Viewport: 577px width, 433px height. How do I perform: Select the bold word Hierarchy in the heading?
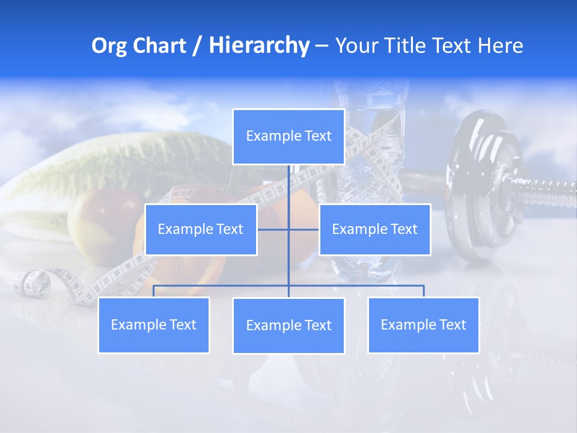[x=259, y=46]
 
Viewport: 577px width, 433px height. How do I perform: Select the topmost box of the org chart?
[x=288, y=137]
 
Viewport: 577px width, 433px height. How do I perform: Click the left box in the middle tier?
[x=201, y=230]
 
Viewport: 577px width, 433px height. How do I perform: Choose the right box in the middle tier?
[x=374, y=230]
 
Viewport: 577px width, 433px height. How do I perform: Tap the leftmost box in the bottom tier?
[x=153, y=325]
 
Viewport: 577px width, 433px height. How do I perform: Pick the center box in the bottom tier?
[x=288, y=326]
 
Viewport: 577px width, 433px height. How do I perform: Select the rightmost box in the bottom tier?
[x=423, y=325]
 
